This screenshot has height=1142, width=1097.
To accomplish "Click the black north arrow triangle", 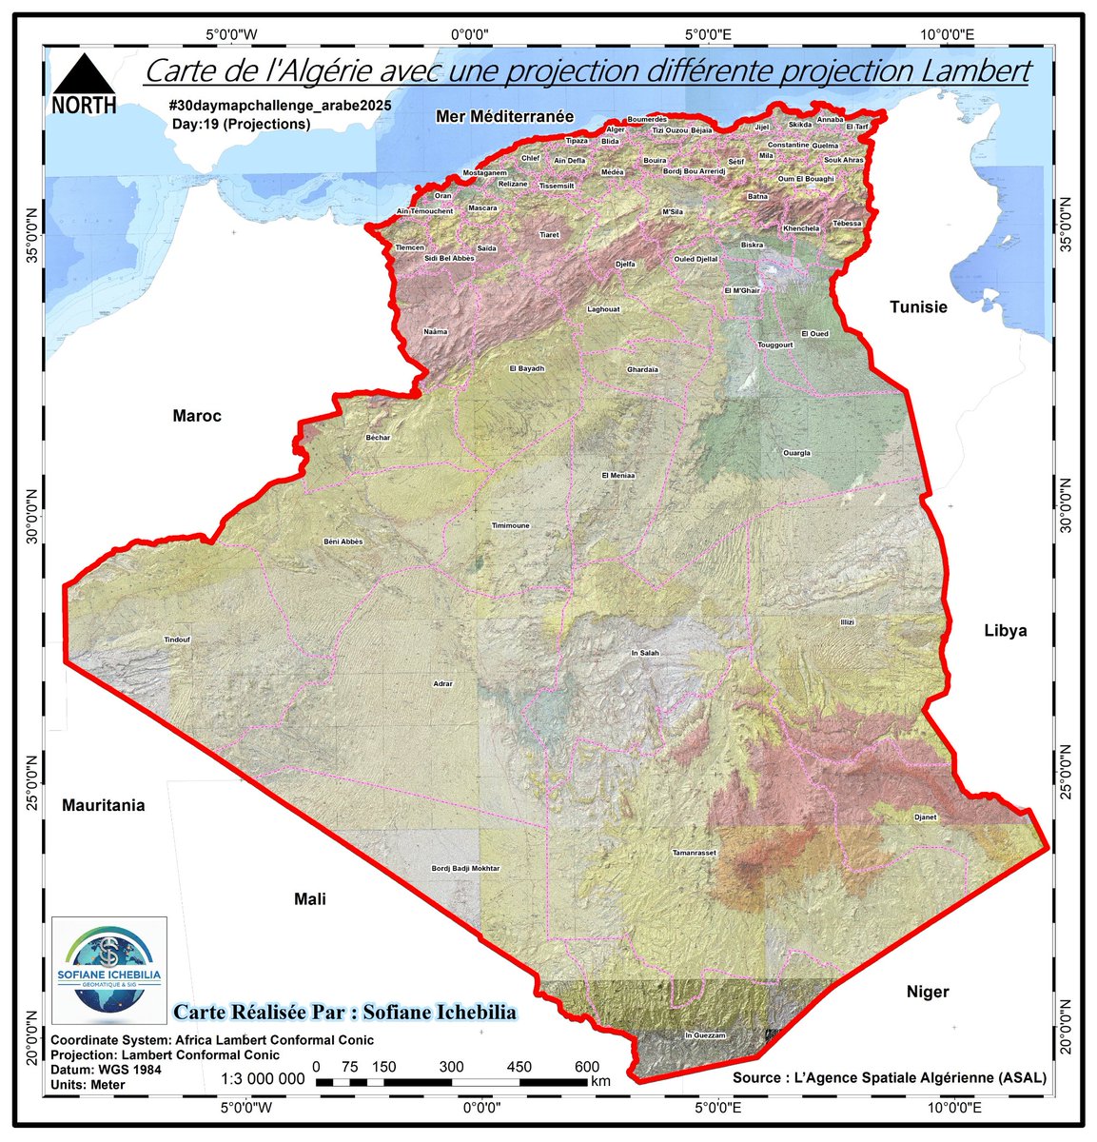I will pos(84,73).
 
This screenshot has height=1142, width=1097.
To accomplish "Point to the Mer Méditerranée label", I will pos(505,115).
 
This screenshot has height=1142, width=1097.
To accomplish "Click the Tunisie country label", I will pos(918,307).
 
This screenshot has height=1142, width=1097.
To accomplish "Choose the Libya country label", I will pos(1005,631).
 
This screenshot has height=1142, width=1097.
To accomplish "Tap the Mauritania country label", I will pos(104,805).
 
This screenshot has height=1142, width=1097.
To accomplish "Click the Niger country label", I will pos(927,992).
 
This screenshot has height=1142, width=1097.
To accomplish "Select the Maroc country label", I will pos(197,416).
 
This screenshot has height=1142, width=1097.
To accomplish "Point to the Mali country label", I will pos(309,898).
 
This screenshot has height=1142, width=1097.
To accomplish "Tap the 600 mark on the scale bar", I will pos(587,1067).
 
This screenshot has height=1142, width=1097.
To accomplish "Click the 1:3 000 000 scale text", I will pos(263,1079).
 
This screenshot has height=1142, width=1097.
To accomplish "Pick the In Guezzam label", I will pos(705,1034).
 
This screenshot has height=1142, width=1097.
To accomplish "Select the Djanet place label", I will pos(925,817).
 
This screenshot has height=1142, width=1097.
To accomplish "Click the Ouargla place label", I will pos(796,453).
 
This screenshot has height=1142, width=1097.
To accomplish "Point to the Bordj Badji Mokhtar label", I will pos(465,868).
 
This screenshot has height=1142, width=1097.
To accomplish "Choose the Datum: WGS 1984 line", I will pos(106,1070).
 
